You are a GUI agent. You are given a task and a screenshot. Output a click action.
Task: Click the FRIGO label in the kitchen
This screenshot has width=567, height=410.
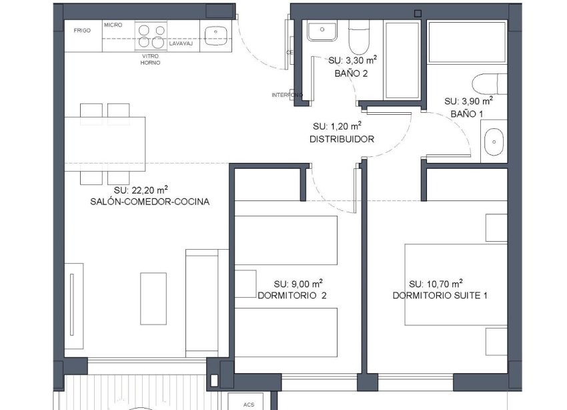point(82,31)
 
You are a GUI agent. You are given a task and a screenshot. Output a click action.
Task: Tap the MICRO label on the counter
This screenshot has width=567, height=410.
point(113,25)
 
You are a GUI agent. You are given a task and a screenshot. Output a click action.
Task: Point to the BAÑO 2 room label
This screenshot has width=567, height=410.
point(351,73)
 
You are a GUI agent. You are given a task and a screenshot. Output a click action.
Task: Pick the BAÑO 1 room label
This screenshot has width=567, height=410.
point(466,114)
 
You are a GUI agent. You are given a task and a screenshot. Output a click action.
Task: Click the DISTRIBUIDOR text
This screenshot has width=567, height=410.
point(342,140)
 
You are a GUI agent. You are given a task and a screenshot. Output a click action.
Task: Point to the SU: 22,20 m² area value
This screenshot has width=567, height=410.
point(140,190)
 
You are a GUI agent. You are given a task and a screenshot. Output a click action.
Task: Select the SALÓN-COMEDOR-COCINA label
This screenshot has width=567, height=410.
point(149,202)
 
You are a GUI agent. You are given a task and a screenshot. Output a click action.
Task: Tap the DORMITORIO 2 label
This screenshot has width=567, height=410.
point(292,294)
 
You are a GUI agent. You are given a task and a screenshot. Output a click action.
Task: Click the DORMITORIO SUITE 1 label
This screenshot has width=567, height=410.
point(440,295)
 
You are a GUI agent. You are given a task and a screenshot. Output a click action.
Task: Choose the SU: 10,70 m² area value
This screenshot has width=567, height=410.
point(436,282)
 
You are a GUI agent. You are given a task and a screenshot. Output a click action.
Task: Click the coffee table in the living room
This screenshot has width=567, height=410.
point(153,298)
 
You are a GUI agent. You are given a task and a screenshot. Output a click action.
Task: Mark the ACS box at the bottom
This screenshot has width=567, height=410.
point(249,403)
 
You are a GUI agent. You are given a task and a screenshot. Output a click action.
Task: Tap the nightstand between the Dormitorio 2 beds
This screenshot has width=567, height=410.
point(246,281)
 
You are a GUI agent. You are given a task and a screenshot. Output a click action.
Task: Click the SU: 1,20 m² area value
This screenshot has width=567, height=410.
point(338,126)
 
